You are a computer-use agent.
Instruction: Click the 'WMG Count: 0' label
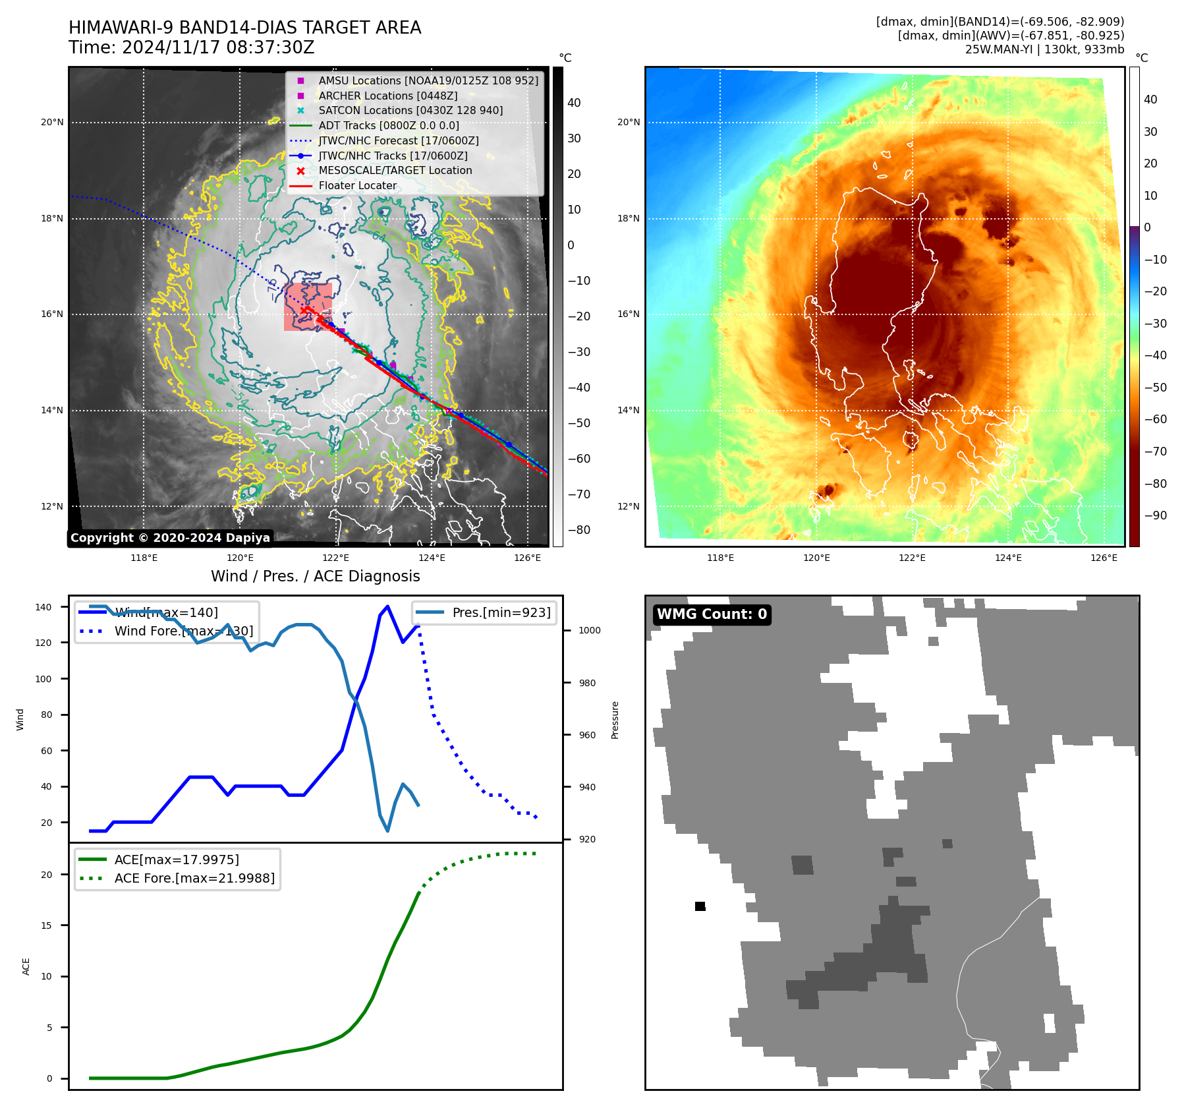tap(712, 614)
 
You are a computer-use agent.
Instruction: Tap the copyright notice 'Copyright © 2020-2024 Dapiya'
tap(170, 538)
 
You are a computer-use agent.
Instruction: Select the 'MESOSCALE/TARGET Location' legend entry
tap(395, 171)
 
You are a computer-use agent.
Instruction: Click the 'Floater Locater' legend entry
tap(357, 186)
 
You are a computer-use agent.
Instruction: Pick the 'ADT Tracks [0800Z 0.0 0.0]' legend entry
tap(389, 126)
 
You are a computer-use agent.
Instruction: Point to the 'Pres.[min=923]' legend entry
tap(501, 613)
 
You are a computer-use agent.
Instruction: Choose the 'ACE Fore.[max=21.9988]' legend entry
tap(194, 878)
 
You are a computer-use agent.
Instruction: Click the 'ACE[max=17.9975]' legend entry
tap(177, 860)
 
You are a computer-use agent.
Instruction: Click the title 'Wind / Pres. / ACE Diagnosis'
tap(315, 576)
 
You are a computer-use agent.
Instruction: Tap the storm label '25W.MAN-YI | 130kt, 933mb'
tap(1044, 49)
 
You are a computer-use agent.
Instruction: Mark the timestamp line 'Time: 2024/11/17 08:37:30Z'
tap(191, 48)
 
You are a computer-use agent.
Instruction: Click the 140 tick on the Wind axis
tap(43, 607)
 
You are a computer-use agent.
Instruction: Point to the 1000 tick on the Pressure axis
tap(589, 631)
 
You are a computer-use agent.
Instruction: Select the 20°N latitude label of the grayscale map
tap(53, 123)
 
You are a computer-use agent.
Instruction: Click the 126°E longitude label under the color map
tap(1104, 558)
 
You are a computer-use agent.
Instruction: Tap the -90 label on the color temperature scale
tap(1155, 515)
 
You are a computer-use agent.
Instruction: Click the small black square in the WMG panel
tap(700, 906)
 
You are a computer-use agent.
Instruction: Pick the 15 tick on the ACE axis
tap(47, 925)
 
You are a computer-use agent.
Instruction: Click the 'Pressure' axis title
tap(615, 720)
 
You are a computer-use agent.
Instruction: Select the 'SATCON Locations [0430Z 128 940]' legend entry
tap(410, 111)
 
